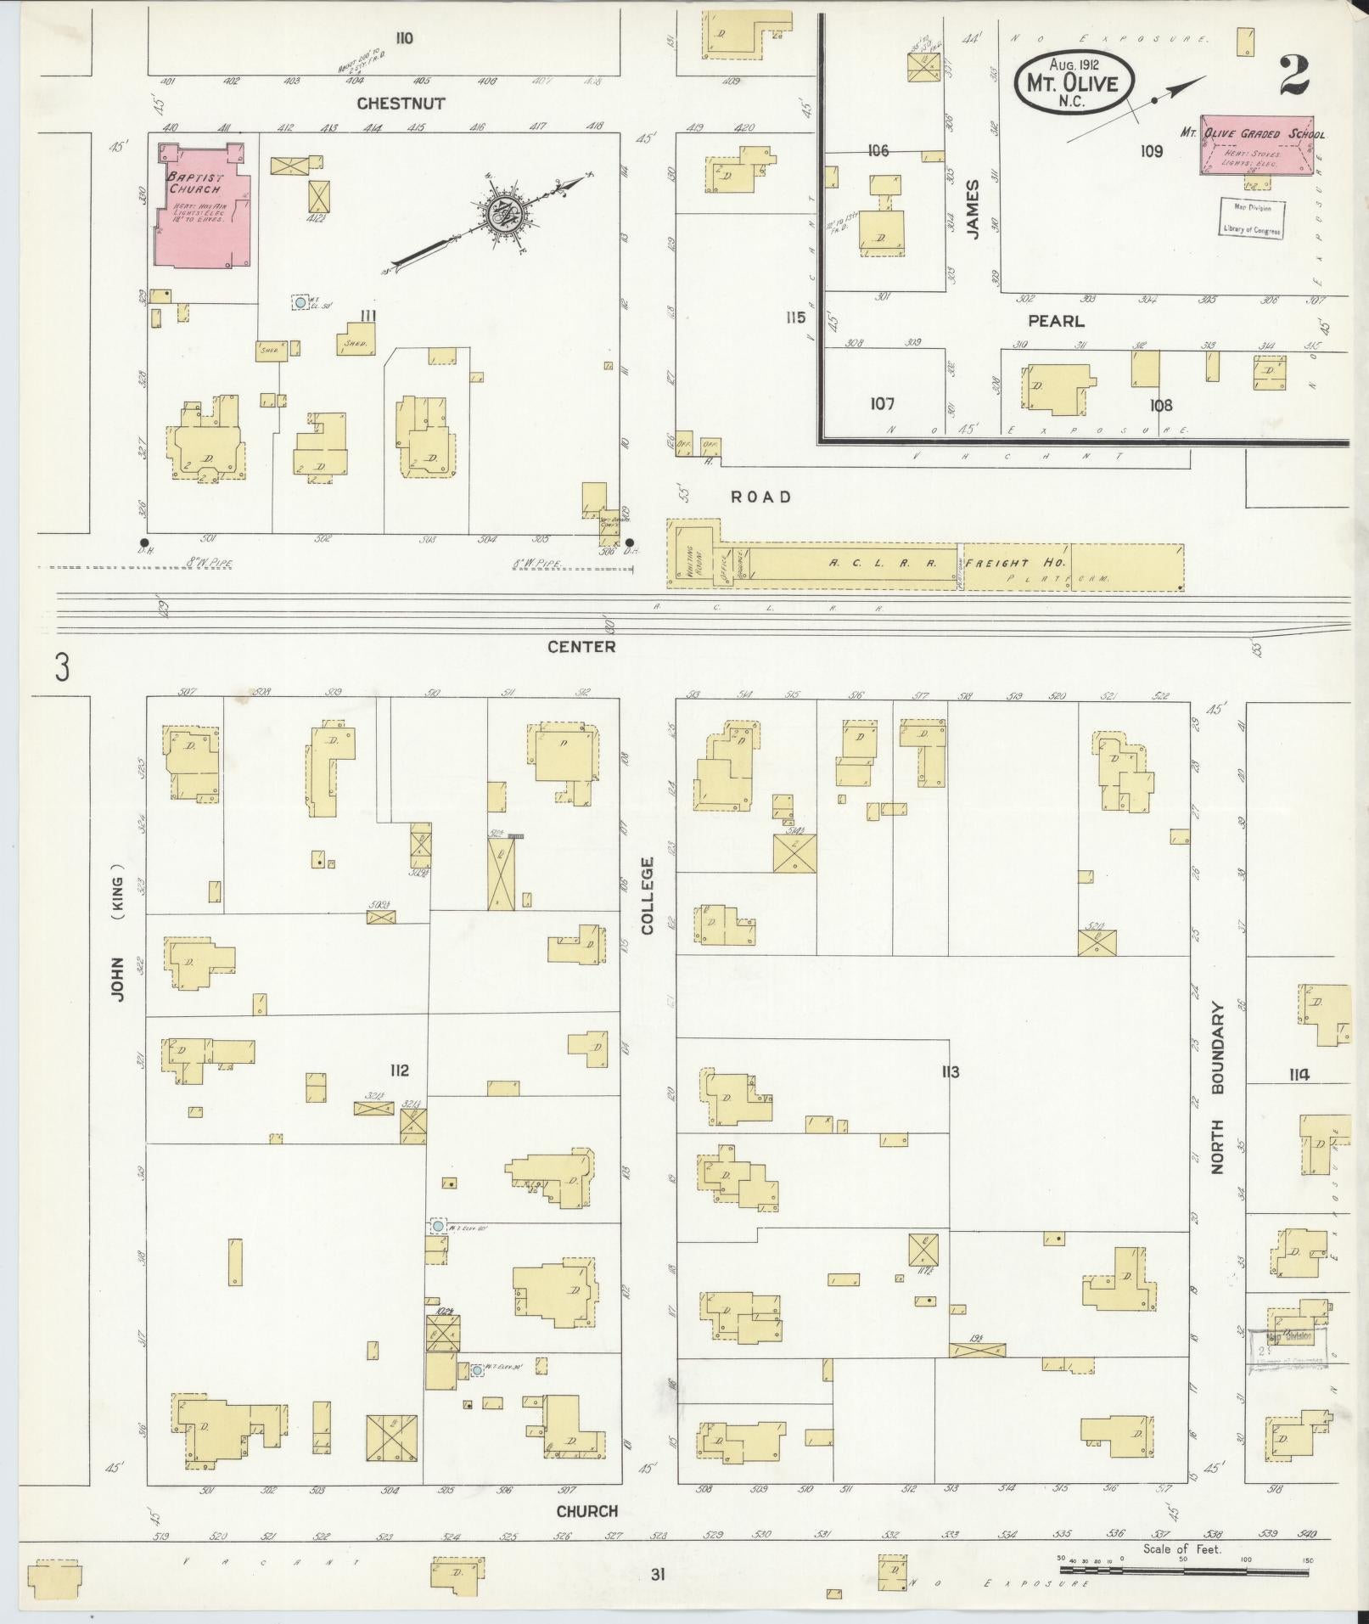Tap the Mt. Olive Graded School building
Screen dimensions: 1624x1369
[x=1258, y=143]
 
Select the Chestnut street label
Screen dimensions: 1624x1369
[x=401, y=104]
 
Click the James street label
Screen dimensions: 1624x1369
[x=973, y=209]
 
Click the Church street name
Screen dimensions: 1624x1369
[x=586, y=1511]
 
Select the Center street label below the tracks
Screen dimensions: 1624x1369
[x=581, y=647]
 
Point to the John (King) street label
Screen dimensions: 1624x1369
[x=117, y=934]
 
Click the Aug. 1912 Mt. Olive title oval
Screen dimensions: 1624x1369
[x=1074, y=81]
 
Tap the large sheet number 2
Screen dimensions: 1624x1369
[x=1293, y=78]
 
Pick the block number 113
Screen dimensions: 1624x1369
[x=950, y=1072]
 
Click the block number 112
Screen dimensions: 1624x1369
[x=399, y=1070]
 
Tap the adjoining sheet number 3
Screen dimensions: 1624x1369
[x=61, y=668]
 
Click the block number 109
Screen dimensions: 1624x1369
[x=1152, y=151]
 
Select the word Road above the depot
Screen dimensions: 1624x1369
[x=761, y=497]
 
